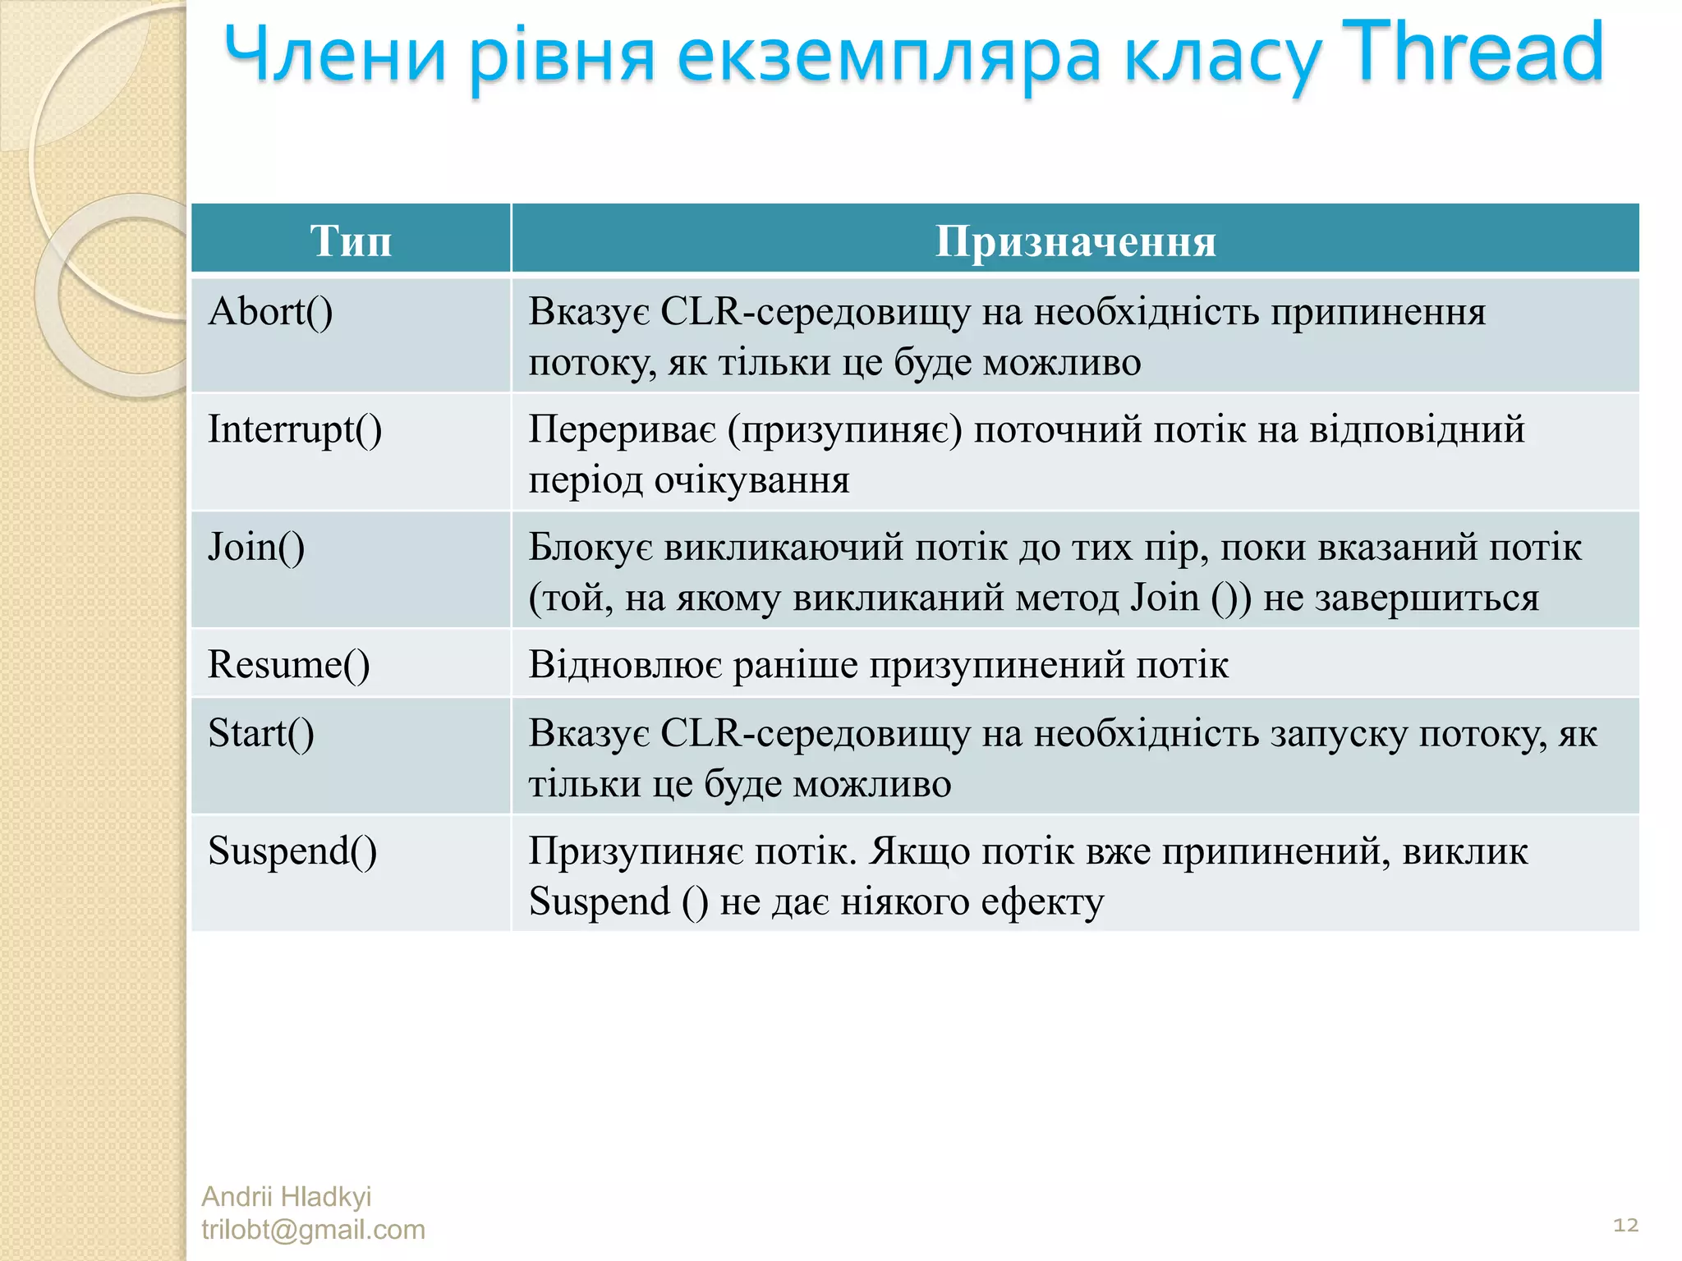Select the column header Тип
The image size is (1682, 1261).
click(x=351, y=241)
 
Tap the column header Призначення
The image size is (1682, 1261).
click(x=1075, y=241)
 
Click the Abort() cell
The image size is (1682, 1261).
click(x=270, y=312)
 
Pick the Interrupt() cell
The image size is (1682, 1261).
click(x=295, y=429)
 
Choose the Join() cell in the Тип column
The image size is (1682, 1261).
click(x=256, y=547)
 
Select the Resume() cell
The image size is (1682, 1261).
click(x=288, y=664)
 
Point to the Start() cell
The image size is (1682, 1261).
click(x=261, y=733)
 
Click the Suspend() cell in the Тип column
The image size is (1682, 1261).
click(x=292, y=851)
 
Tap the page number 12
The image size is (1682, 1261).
click(x=1625, y=1225)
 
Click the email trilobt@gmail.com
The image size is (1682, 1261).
click(x=313, y=1230)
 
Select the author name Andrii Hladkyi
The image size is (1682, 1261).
click(x=286, y=1196)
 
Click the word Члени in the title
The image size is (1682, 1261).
click(x=335, y=56)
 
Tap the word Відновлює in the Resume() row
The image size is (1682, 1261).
click(x=625, y=664)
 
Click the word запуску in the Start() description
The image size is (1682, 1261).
click(x=1339, y=733)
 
